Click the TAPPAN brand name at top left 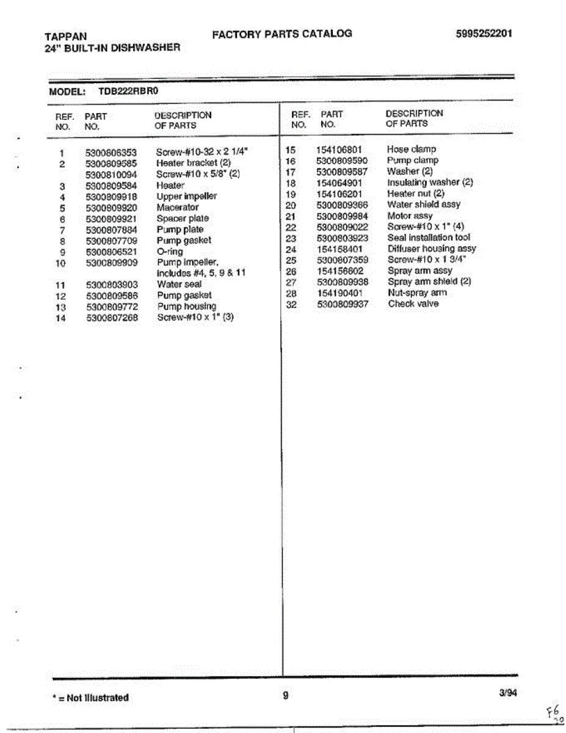pos(66,36)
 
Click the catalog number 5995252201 pos(484,34)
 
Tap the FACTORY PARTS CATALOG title pos(282,34)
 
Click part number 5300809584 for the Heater pos(111,186)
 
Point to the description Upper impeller pos(186,197)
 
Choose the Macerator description pos(177,208)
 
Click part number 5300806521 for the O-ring pos(111,252)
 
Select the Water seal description pos(179,285)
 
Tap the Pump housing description pos(186,307)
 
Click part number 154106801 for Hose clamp pos(339,150)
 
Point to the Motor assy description pos(410,216)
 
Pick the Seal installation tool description pos(429,238)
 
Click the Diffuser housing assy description pos(432,249)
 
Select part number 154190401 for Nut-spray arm pos(339,293)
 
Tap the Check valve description pos(413,304)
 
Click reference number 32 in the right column pos(291,304)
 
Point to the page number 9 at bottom pos(285,695)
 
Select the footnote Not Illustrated pos(91,698)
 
